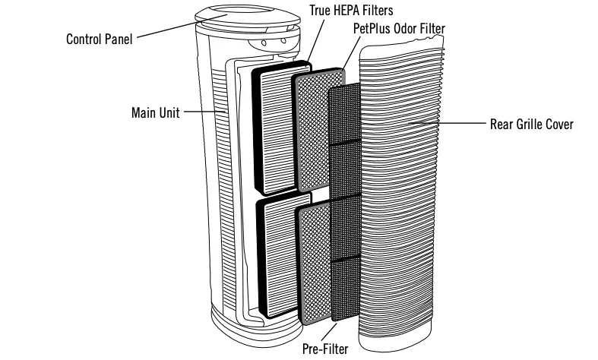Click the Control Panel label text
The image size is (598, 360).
(99, 38)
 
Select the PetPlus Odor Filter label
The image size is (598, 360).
(399, 29)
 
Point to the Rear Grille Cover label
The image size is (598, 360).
(532, 124)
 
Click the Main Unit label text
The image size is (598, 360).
(155, 112)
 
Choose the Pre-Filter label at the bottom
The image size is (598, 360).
(326, 349)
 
